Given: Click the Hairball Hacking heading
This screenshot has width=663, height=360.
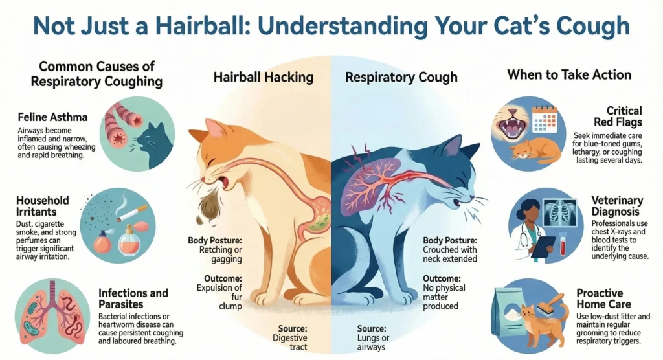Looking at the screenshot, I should pos(263,78).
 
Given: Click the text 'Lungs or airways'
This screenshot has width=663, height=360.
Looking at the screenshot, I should pos(374,341).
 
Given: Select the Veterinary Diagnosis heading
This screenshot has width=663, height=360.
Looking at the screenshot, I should pos(617,207).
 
